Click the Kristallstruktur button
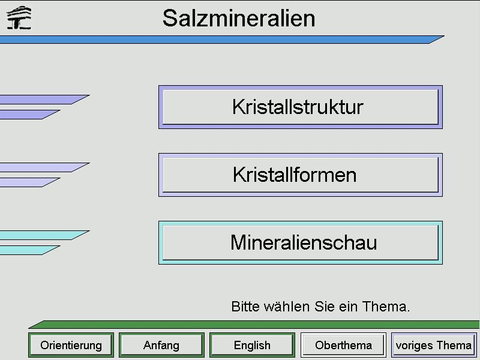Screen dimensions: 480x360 (301, 107)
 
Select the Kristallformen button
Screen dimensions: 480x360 (301, 175)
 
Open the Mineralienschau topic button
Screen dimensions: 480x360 (301, 242)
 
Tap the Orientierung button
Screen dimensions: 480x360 (71, 345)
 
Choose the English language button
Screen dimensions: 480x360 (252, 345)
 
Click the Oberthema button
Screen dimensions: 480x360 (343, 345)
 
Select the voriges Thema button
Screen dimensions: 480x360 (434, 345)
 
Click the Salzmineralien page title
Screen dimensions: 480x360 (239, 18)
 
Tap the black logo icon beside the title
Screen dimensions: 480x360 (19, 18)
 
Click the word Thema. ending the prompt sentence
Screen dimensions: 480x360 (386, 307)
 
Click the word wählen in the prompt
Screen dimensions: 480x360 (287, 307)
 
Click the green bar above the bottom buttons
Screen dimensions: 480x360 (254, 324)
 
